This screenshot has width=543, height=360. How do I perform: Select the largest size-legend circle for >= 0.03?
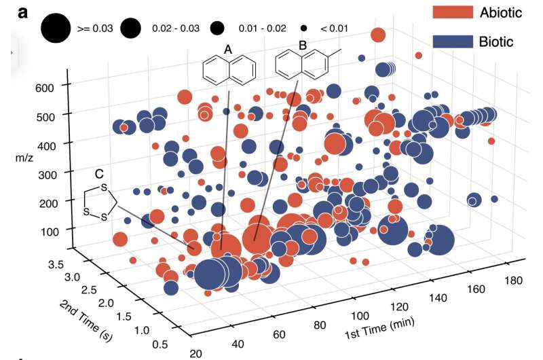pos(56,29)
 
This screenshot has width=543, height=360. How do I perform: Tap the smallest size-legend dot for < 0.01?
pos(304,29)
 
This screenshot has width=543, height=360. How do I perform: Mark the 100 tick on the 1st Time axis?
pos(358,316)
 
